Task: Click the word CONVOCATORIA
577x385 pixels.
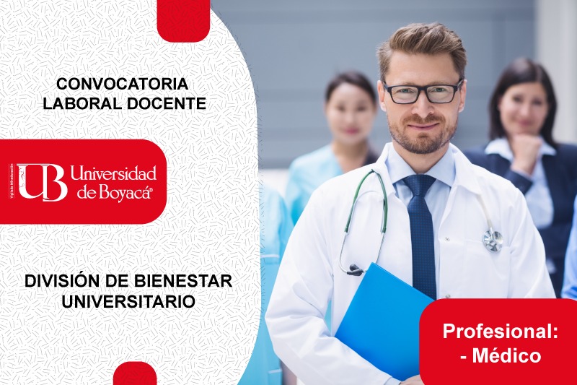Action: click(122, 84)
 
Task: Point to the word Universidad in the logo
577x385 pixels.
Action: click(113, 173)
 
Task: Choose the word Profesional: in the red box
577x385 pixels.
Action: click(501, 332)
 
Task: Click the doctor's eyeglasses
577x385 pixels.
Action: click(423, 92)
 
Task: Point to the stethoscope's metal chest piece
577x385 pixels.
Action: click(493, 240)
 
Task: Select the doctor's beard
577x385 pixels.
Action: click(422, 137)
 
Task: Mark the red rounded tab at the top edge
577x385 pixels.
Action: click(183, 17)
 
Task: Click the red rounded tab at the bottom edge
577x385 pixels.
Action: click(135, 374)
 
